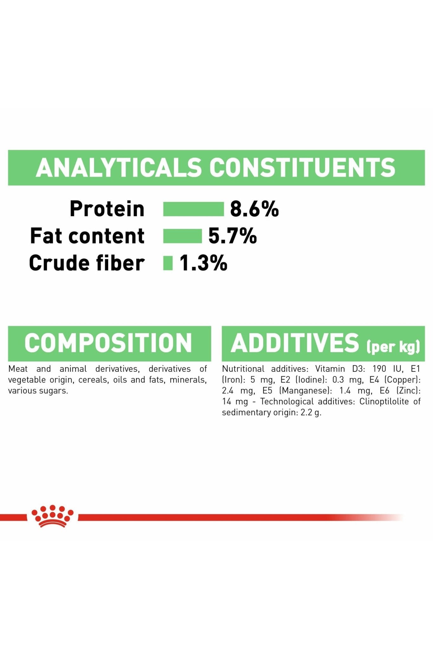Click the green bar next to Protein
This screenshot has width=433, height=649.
[194, 209]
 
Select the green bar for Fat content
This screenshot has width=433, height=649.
[182, 236]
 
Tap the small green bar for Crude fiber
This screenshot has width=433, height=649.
[168, 263]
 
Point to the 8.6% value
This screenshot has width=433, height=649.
[254, 209]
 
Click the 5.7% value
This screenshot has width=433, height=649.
[233, 236]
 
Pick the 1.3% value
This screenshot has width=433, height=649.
[203, 263]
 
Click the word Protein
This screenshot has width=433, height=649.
[107, 209]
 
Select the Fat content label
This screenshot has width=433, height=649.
[87, 236]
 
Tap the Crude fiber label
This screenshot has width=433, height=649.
[87, 263]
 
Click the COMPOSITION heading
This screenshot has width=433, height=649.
[108, 343]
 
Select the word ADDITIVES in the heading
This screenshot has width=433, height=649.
[295, 343]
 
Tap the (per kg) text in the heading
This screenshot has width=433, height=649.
[393, 346]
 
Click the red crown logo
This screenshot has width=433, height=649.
[52, 516]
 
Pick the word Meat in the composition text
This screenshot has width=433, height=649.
[18, 369]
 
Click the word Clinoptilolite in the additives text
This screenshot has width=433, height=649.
[384, 402]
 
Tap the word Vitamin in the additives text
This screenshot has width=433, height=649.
[330, 369]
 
